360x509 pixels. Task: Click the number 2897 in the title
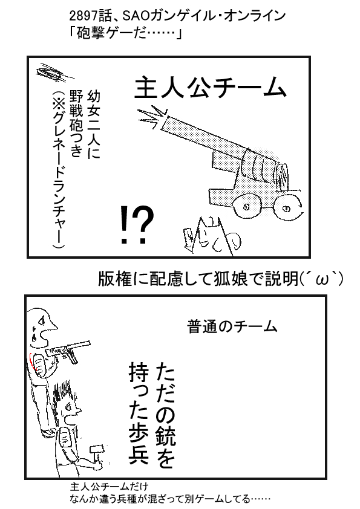82,16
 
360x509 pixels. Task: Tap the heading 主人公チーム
210,88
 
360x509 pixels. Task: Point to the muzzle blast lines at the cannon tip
151,117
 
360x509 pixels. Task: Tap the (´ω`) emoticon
321,279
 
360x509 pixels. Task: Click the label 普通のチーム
232,326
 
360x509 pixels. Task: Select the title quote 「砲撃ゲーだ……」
125,33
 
